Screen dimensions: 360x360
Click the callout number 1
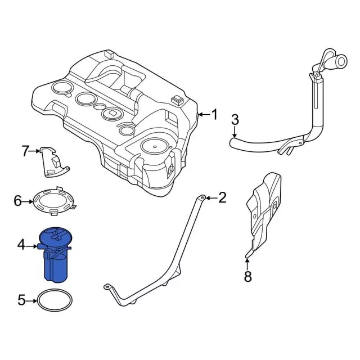[x=214, y=115]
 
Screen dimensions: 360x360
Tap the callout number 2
[x=222, y=197]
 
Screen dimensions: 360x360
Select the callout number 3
[x=235, y=119]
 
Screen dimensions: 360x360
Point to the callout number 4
[x=21, y=245]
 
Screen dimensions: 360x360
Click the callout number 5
[x=21, y=300]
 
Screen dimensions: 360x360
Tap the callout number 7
[x=25, y=151]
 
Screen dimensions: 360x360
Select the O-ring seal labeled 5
[x=55, y=300]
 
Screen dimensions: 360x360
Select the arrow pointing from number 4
[x=33, y=245]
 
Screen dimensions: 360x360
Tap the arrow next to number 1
[x=203, y=115]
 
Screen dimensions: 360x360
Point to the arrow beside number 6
[x=28, y=201]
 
